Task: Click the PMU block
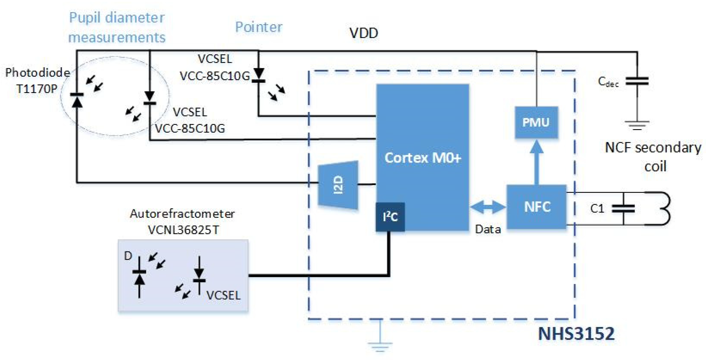pos(536,122)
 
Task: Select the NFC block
pos(536,207)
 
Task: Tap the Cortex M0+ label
pos(422,158)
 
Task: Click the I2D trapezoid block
pos(338,185)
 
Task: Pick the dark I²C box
pos(390,217)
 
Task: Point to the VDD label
pos(364,33)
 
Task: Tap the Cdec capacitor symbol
pos(637,81)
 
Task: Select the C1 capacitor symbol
pos(623,209)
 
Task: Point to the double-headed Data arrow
pos(488,207)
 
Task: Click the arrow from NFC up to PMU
pos(536,162)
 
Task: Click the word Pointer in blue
pos(259,27)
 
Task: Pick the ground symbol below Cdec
pos(637,125)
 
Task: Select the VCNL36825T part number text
pos(183,230)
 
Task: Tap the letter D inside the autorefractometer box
pos(128,256)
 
